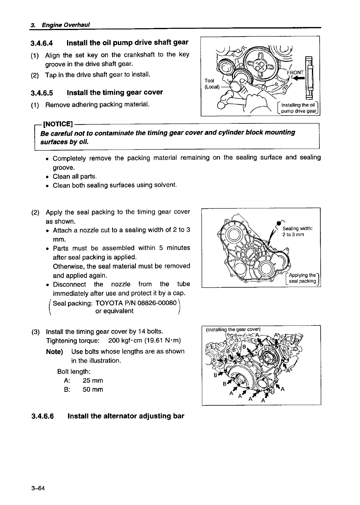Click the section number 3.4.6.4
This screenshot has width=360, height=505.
pyautogui.click(x=42, y=43)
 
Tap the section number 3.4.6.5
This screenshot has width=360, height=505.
pyautogui.click(x=42, y=93)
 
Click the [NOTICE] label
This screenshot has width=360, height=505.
pyautogui.click(x=58, y=124)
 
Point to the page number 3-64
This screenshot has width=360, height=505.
pyautogui.click(x=38, y=488)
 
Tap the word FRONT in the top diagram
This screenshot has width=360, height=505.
pyautogui.click(x=295, y=73)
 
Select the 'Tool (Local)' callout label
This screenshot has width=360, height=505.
pyautogui.click(x=212, y=84)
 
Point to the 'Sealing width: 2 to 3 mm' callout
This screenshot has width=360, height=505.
pyautogui.click(x=297, y=231)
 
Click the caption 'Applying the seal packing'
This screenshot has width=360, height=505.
pyautogui.click(x=302, y=278)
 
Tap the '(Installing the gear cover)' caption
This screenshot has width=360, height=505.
pyautogui.click(x=233, y=329)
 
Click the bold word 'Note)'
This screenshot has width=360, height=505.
pyautogui.click(x=55, y=352)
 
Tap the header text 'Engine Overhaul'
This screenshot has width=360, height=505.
pyautogui.click(x=66, y=25)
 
